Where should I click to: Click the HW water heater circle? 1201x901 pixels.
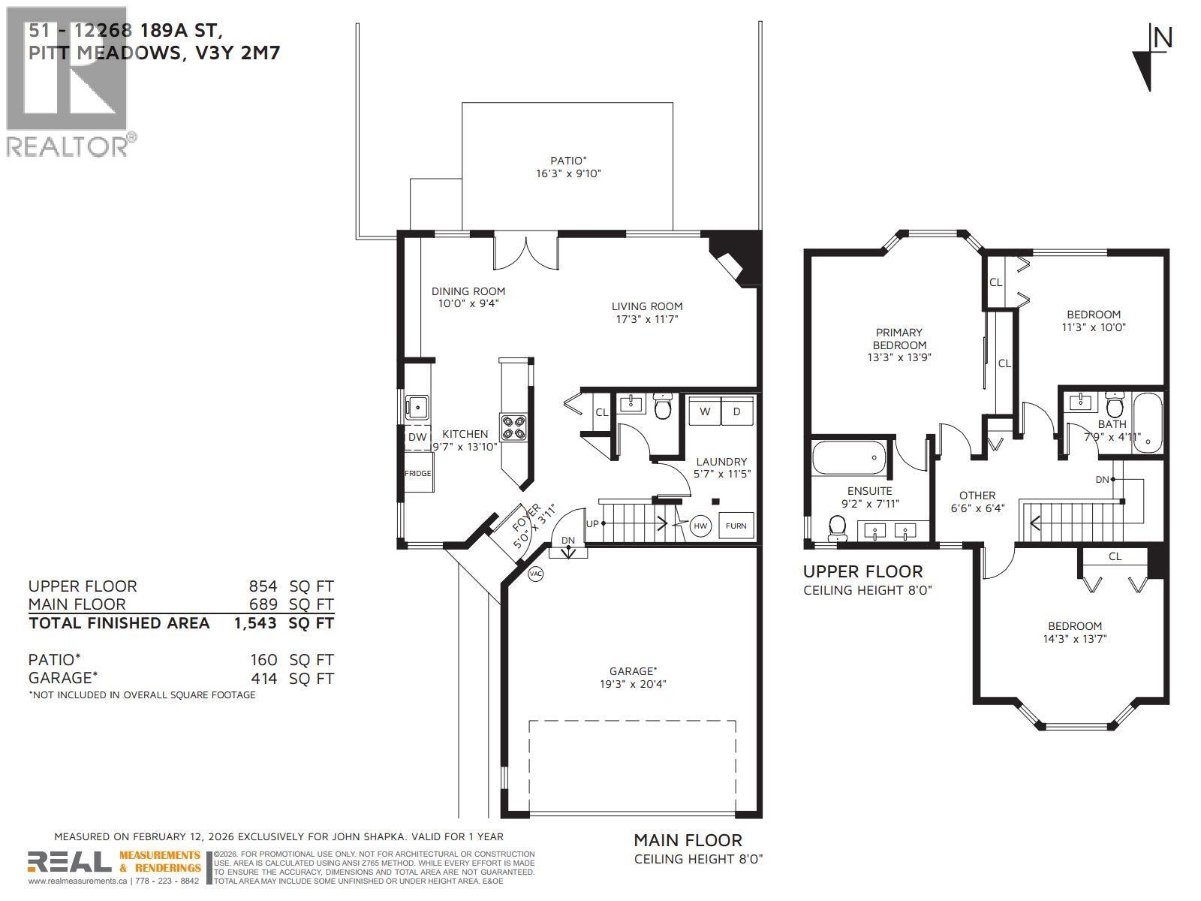click(x=700, y=526)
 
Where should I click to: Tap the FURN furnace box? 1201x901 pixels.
click(x=736, y=526)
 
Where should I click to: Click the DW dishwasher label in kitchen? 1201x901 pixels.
click(x=417, y=437)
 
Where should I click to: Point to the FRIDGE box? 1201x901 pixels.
click(x=418, y=473)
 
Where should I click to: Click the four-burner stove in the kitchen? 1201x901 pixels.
click(x=514, y=427)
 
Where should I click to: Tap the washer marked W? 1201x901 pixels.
click(x=705, y=411)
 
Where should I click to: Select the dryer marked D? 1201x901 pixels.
click(x=737, y=411)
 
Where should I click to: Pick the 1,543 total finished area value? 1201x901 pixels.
click(x=255, y=622)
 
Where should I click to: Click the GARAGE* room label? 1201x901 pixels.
click(x=633, y=671)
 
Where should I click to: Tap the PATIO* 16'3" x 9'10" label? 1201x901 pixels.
click(x=567, y=167)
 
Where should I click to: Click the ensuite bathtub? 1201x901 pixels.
click(x=848, y=458)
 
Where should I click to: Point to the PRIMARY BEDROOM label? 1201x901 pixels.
click(x=898, y=339)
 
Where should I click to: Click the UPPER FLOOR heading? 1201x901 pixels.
click(x=863, y=571)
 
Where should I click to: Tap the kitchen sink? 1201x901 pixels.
click(x=417, y=407)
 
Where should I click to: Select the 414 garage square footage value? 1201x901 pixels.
click(x=263, y=678)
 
